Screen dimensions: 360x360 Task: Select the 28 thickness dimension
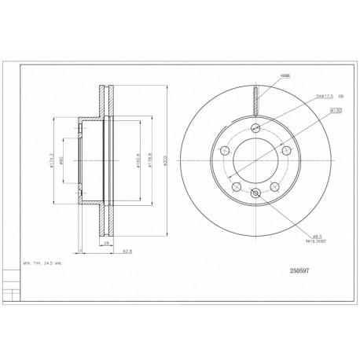pyautogui.click(x=105, y=244)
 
